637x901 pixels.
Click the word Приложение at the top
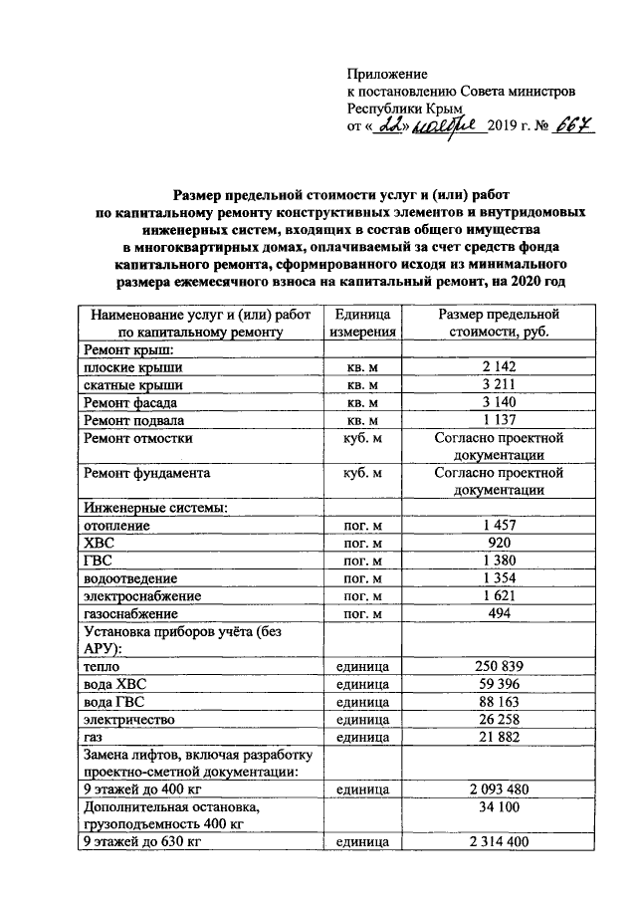click(387, 75)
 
